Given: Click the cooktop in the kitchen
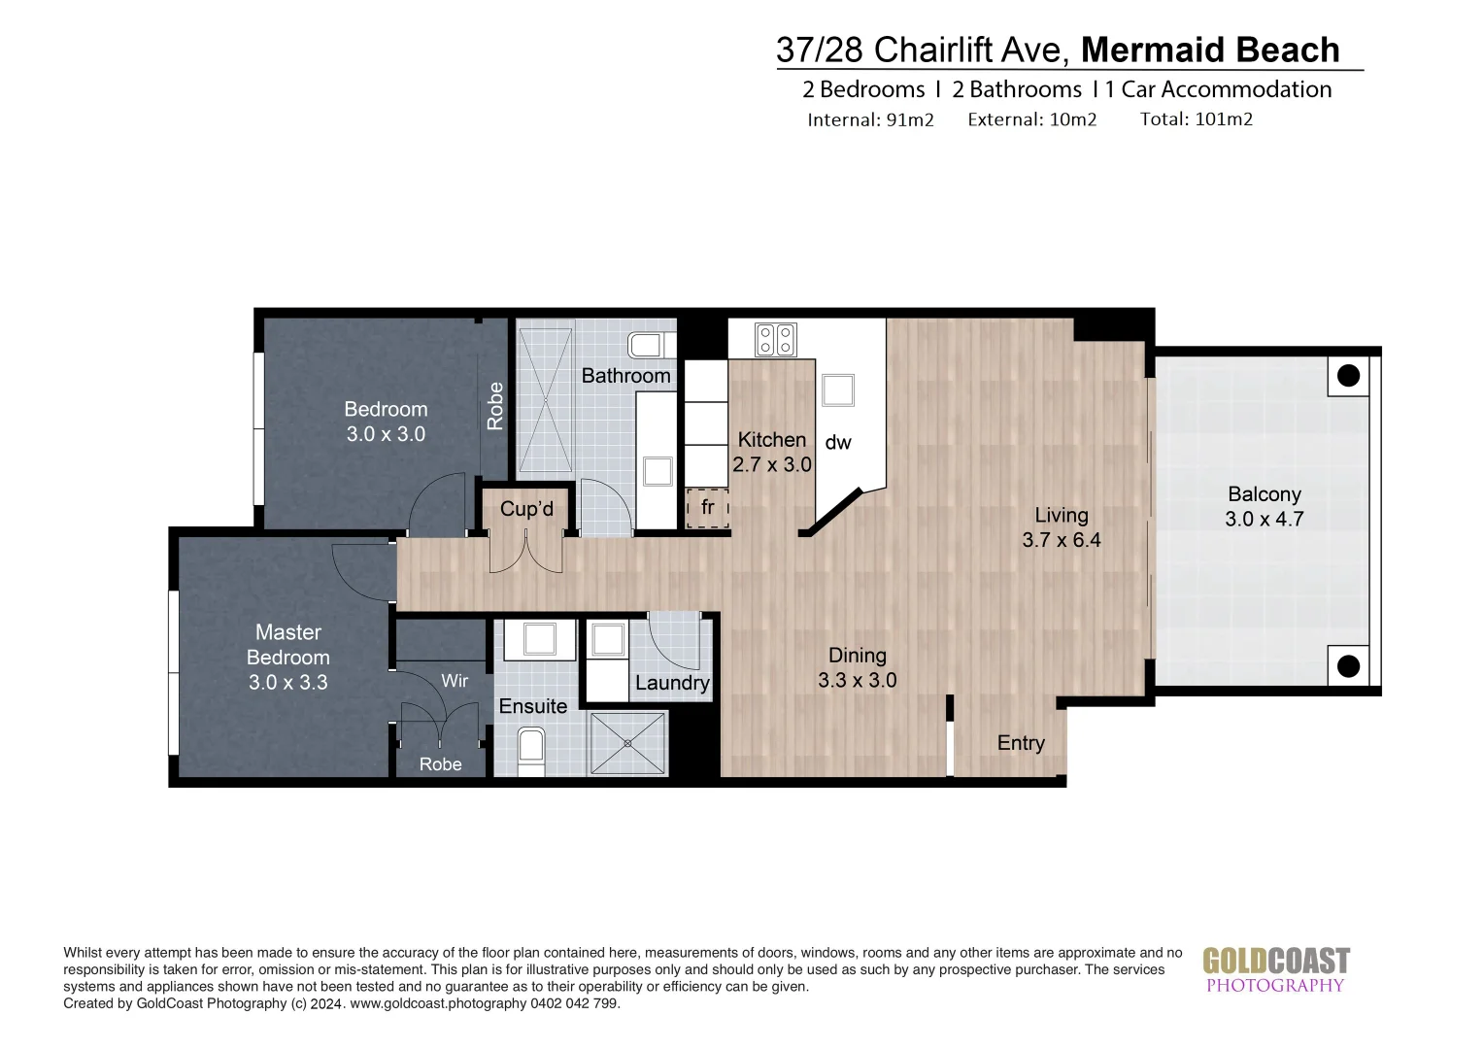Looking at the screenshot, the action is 776,339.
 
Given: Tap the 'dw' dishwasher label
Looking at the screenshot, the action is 838,443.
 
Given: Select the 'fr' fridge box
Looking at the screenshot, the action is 707,508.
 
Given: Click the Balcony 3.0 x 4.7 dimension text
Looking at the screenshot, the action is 1265,519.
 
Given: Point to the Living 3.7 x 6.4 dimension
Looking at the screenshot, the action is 1062,540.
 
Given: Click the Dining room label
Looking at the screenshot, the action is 858,656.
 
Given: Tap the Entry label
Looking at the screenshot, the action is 1021,743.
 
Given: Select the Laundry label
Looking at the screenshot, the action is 672,683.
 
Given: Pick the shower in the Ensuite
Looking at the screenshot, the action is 627,743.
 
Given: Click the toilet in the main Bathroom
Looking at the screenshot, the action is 652,345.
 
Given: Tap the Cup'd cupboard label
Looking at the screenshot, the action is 526,509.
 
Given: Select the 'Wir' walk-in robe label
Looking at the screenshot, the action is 455,681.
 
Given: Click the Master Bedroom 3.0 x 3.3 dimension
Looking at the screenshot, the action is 288,683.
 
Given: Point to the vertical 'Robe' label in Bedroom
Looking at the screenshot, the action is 495,406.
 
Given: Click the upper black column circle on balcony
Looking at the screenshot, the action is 1348,376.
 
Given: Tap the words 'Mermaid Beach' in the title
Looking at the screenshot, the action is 1210,51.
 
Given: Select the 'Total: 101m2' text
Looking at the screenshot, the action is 1197,119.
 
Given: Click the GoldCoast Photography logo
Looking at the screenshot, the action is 1276,969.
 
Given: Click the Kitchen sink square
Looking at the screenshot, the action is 838,390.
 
